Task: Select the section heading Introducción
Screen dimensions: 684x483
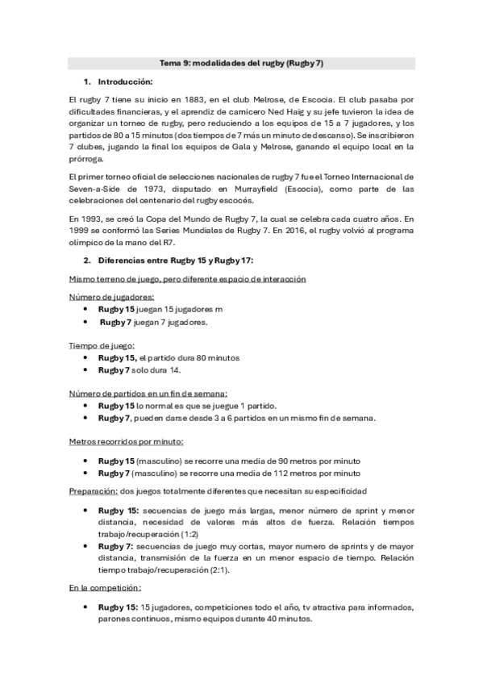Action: tap(125, 82)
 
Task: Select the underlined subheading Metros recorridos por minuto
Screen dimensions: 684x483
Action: tap(127, 441)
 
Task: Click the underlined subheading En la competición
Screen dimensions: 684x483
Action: tap(105, 589)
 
